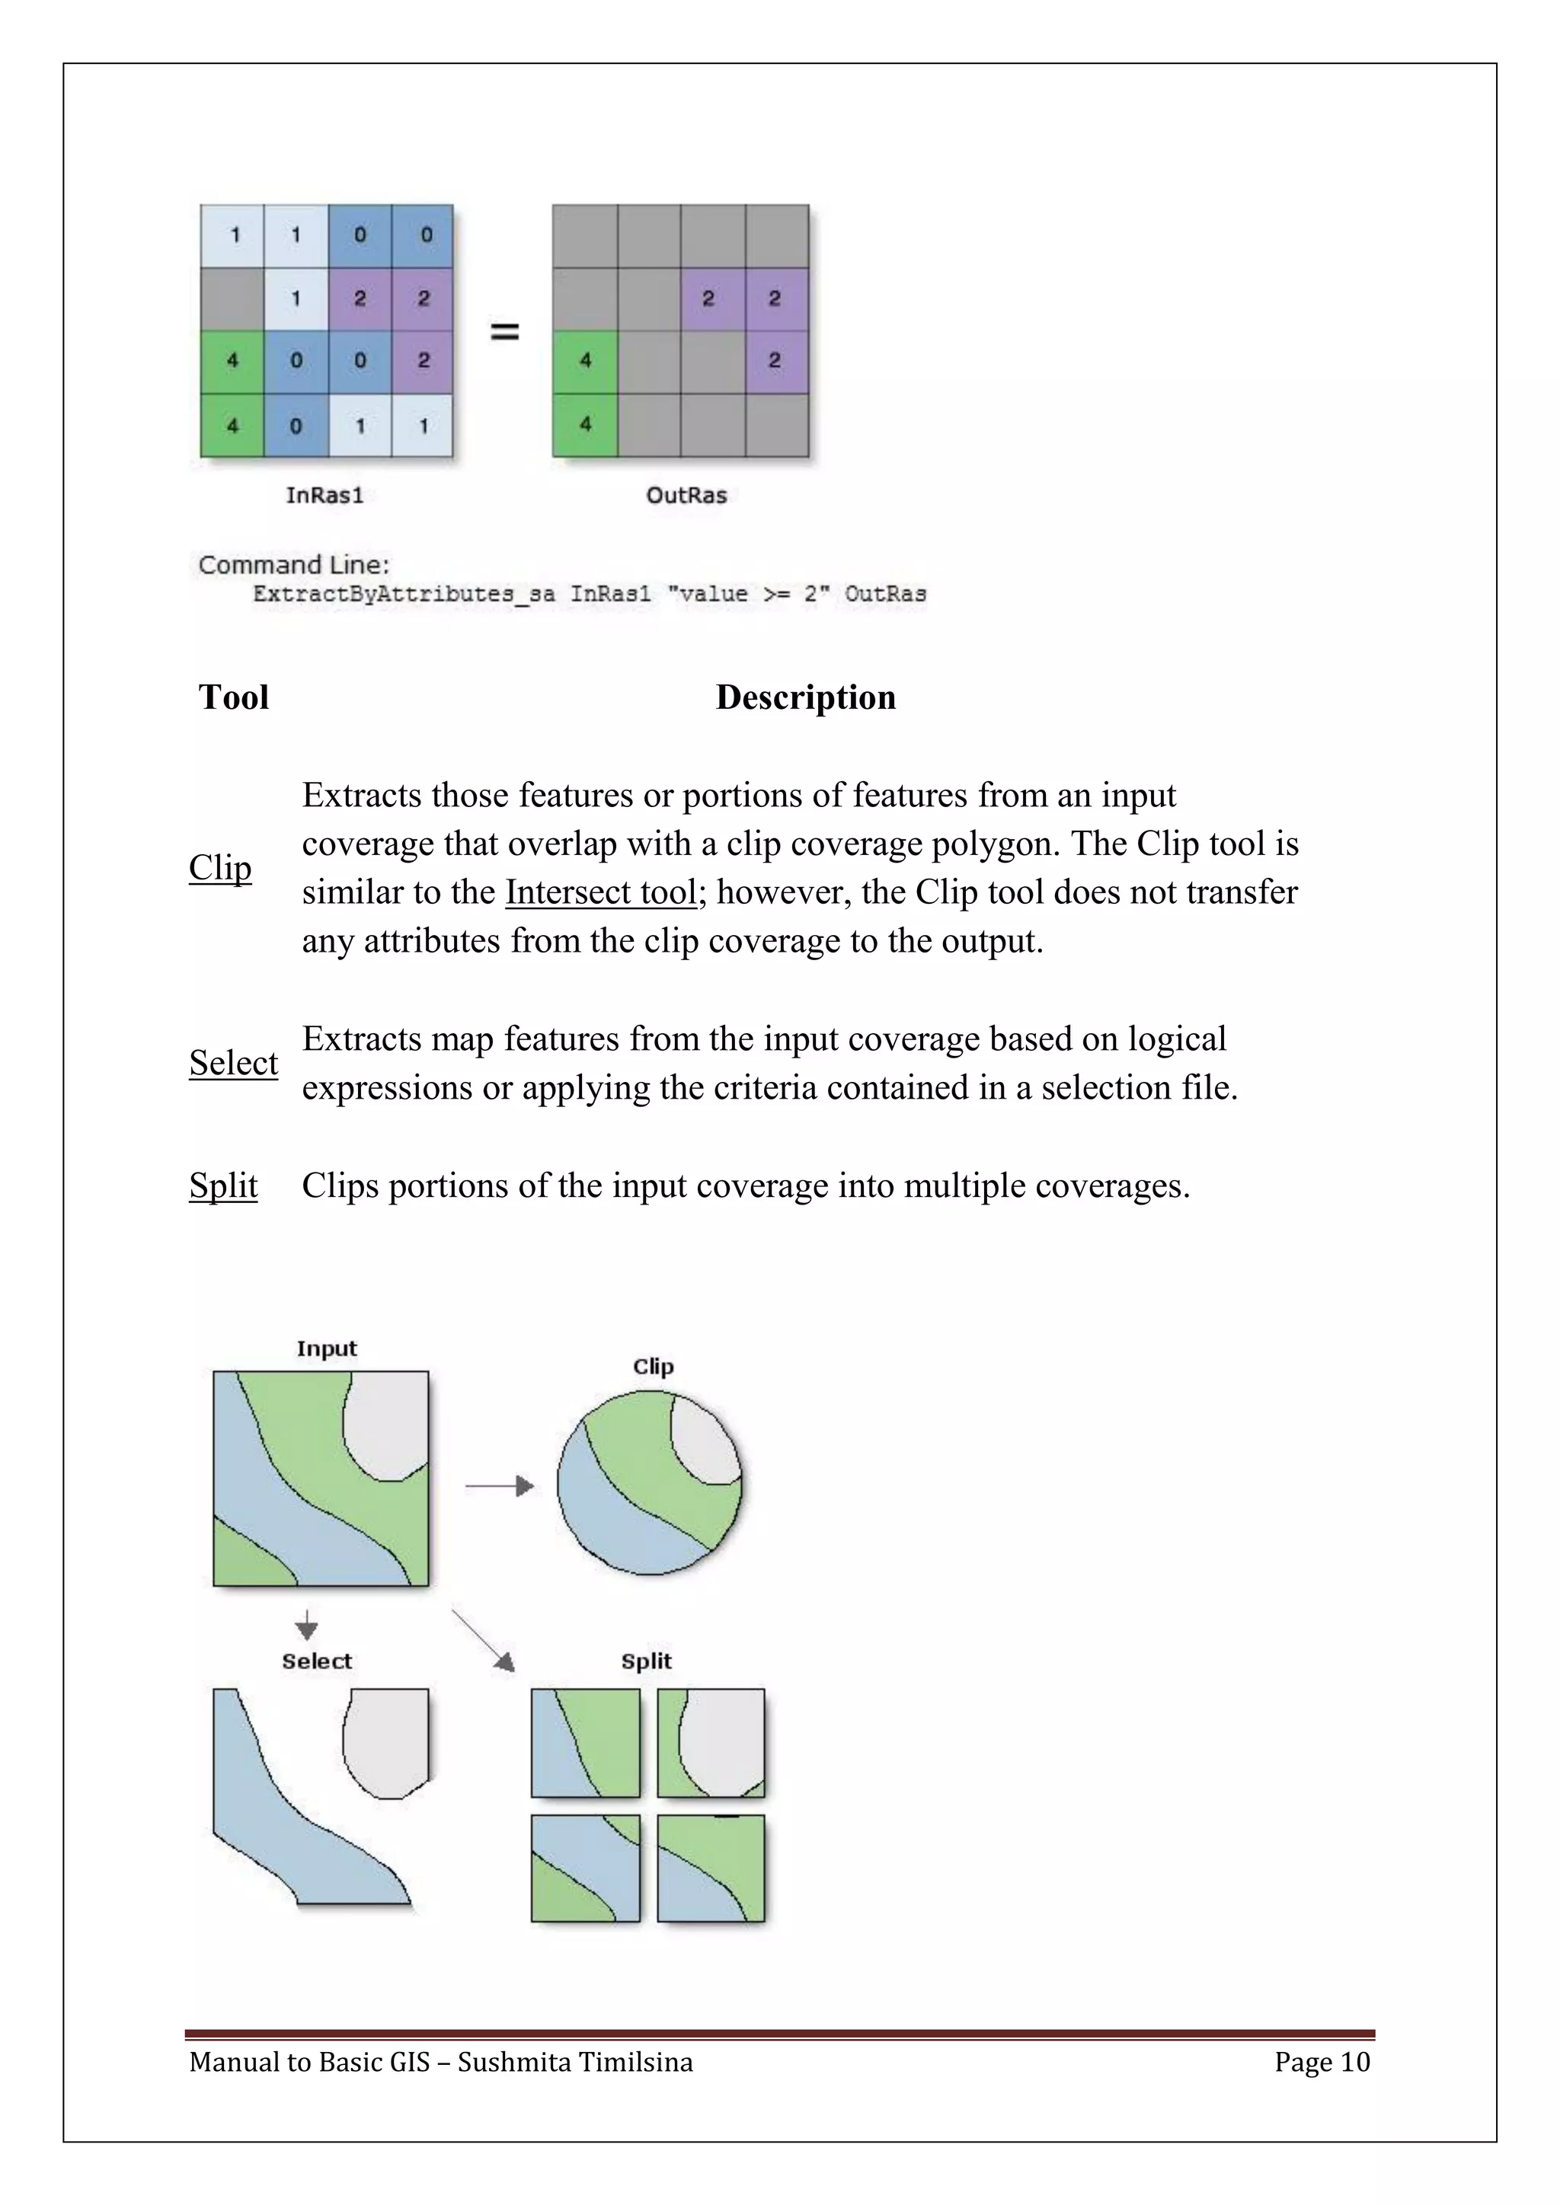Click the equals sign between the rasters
pyautogui.click(x=505, y=332)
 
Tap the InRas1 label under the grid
pyautogui.click(x=324, y=496)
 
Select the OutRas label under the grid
pyautogui.click(x=686, y=496)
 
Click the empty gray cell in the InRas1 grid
pyautogui.click(x=232, y=298)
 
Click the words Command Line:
pyautogui.click(x=294, y=565)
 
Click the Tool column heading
pyautogui.click(x=233, y=697)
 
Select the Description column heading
pyautogui.click(x=805, y=697)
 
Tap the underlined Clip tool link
pyautogui.click(x=220, y=867)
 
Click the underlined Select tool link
pyautogui.click(x=233, y=1063)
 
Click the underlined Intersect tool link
pyautogui.click(x=601, y=892)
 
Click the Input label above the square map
pyautogui.click(x=327, y=1348)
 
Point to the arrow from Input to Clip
pyautogui.click(x=500, y=1487)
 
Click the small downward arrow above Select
pyautogui.click(x=306, y=1625)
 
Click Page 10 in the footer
pyautogui.click(x=1322, y=2062)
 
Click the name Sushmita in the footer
pyautogui.click(x=509, y=2062)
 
